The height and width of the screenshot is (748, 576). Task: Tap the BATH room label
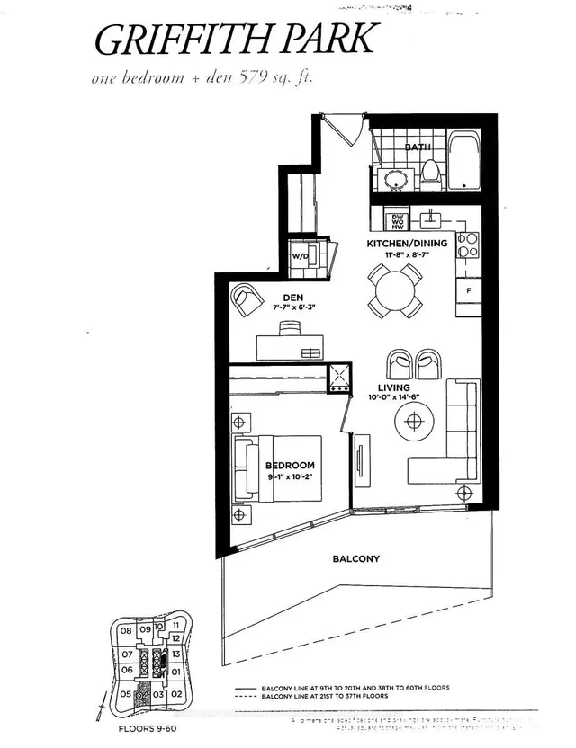coord(418,147)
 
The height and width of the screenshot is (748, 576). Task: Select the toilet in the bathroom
coord(429,171)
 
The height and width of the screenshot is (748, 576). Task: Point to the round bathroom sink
coord(396,180)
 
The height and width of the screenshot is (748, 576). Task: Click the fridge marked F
coord(469,291)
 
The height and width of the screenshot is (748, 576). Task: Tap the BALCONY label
coord(356,558)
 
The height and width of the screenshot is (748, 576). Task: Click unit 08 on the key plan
coord(125,632)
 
